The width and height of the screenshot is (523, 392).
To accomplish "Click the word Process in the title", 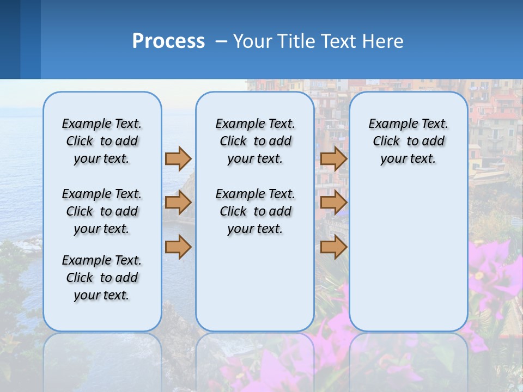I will point(168,41).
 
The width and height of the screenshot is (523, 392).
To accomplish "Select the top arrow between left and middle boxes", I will point(178,158).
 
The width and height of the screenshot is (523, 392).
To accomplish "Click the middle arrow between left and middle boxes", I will point(178,203).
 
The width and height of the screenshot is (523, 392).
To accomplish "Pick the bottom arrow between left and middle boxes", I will point(178,247).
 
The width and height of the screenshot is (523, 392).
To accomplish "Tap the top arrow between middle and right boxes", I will point(333,158).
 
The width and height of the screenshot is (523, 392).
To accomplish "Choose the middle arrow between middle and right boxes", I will point(333,203).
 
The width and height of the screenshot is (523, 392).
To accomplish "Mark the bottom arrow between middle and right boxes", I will point(333,247).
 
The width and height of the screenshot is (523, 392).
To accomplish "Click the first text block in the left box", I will point(102,141).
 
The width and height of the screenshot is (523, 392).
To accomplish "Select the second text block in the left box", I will point(102,211).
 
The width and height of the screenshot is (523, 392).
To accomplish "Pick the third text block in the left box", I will point(102,278).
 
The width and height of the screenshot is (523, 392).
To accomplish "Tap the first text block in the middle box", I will point(255,141).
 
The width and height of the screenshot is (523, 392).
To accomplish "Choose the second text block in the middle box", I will point(255,211).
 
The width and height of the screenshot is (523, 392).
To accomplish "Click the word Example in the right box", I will point(388,124).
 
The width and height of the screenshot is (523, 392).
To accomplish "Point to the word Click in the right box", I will point(386,142).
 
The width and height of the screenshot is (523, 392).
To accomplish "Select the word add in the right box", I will point(434,142).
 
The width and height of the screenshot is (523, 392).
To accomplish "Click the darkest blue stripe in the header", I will point(10,39).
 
